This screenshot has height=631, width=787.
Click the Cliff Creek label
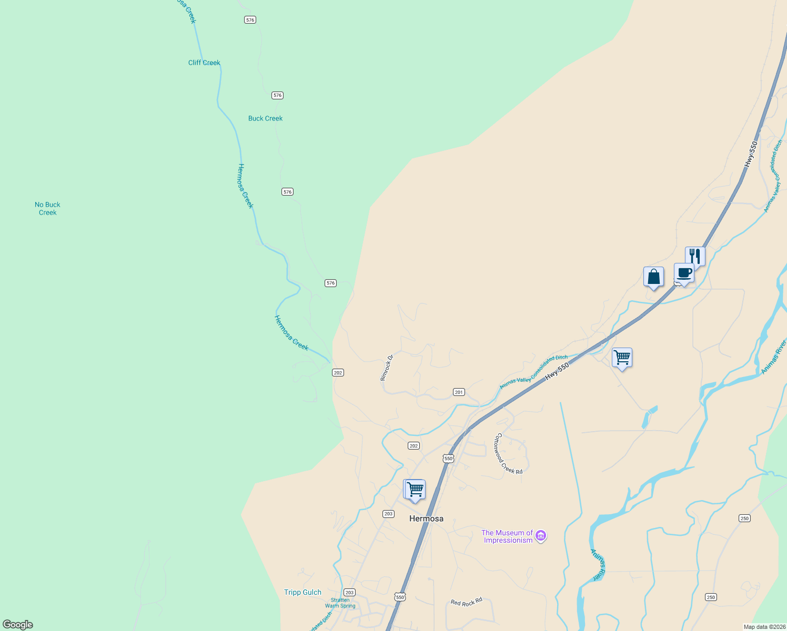pyautogui.click(x=204, y=63)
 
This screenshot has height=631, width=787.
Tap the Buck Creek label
pyautogui.click(x=265, y=118)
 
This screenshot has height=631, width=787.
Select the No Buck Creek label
pyautogui.click(x=47, y=208)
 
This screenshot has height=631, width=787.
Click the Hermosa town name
pyautogui.click(x=426, y=518)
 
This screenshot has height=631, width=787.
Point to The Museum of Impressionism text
pyautogui.click(x=507, y=536)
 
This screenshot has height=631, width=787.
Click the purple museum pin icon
pyautogui.click(x=541, y=536)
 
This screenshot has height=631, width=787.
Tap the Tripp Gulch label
pyautogui.click(x=302, y=592)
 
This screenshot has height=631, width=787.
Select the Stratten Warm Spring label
pyautogui.click(x=340, y=603)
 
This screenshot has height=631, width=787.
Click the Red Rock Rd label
pyautogui.click(x=466, y=602)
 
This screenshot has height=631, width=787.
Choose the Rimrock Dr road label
pyautogui.click(x=387, y=368)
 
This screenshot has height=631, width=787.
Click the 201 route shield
pyautogui.click(x=459, y=392)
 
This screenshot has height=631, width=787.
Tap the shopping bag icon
pyautogui.click(x=653, y=277)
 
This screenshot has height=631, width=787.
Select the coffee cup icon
pyautogui.click(x=684, y=273)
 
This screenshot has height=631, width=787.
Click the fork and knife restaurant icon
pyautogui.click(x=695, y=257)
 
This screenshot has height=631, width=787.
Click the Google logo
pyautogui.click(x=18, y=625)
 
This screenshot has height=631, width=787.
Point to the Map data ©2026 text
pyautogui.click(x=763, y=627)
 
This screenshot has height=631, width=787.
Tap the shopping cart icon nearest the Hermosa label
pyautogui.click(x=415, y=490)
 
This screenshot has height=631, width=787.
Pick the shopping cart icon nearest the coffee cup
pyautogui.click(x=622, y=358)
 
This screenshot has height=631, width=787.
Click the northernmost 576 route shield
pyautogui.click(x=250, y=20)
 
